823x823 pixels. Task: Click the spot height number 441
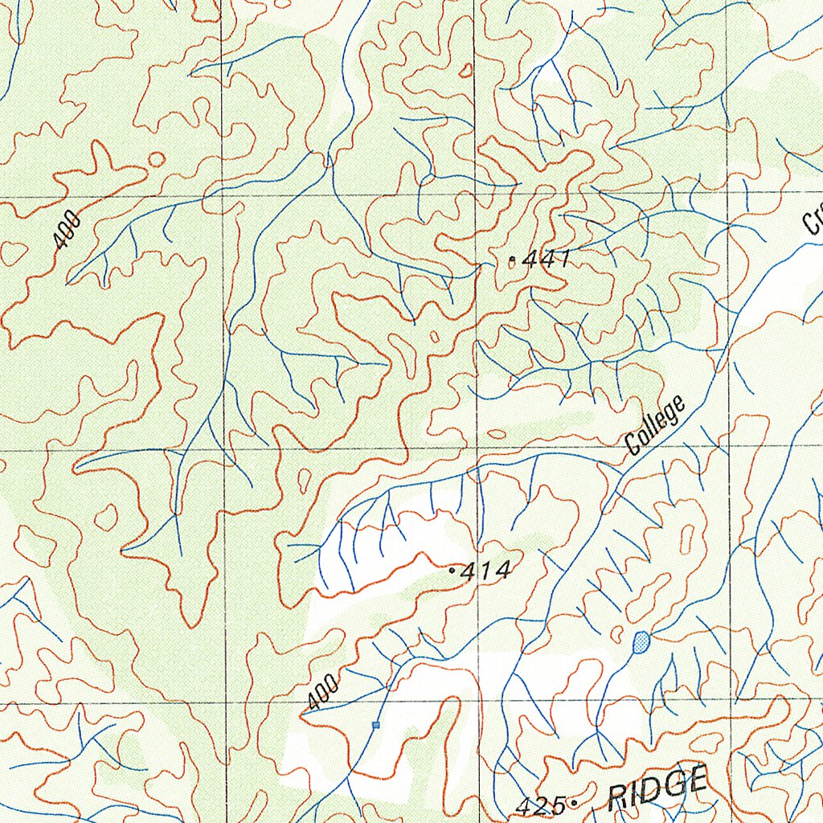(546, 259)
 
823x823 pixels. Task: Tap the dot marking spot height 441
(513, 260)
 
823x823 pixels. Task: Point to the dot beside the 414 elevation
(452, 571)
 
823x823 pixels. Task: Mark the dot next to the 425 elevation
(574, 803)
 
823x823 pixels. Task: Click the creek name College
(657, 425)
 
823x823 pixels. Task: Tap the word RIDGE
(657, 788)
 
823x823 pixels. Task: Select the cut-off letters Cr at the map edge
(812, 217)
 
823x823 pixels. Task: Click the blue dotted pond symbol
(641, 641)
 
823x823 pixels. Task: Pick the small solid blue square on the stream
(375, 725)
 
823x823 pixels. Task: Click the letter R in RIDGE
(618, 797)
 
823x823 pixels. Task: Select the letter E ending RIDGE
(697, 780)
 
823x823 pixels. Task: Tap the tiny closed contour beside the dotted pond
(618, 633)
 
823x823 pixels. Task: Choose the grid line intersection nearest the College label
(730, 447)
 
